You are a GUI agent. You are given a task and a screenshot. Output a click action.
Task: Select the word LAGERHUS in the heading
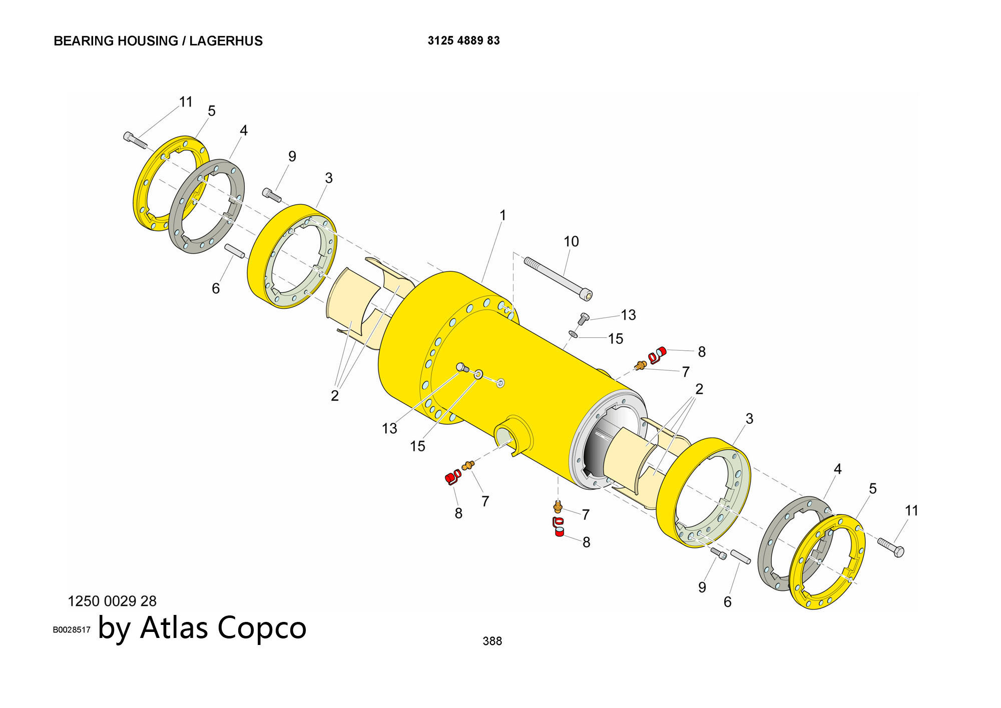226,41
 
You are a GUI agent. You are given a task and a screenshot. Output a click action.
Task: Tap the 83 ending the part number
493,41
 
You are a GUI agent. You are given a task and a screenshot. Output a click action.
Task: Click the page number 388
492,641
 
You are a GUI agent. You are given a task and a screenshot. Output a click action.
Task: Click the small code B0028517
72,630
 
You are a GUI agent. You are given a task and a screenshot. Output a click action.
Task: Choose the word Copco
262,627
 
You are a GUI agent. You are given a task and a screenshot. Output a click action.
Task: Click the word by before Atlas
115,628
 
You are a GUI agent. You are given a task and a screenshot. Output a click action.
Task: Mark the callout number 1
503,216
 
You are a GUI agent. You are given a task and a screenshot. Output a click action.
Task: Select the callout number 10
571,242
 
